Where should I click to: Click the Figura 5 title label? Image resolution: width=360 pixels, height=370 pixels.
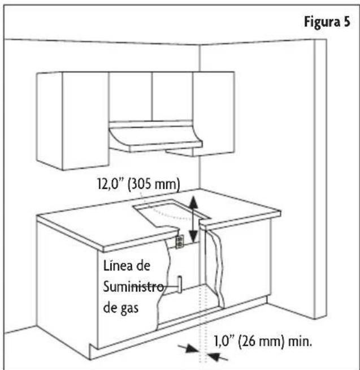click(x=327, y=22)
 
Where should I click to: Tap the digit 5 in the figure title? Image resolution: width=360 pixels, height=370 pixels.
click(x=346, y=22)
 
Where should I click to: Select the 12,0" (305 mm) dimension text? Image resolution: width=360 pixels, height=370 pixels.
click(x=138, y=184)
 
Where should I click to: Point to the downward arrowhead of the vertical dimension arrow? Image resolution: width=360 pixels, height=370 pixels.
click(x=193, y=236)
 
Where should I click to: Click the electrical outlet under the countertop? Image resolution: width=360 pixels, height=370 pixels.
click(x=180, y=242)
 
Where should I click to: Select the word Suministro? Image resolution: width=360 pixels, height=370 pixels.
click(x=133, y=287)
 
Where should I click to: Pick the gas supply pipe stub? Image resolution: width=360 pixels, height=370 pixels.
click(x=180, y=285)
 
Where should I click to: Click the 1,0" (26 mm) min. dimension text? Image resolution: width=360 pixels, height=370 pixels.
click(x=263, y=342)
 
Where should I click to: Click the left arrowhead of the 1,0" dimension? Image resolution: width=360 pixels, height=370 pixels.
click(x=192, y=349)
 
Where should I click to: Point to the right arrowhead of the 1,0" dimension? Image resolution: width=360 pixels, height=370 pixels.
click(x=214, y=356)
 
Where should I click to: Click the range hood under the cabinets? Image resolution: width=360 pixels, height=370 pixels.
click(x=155, y=137)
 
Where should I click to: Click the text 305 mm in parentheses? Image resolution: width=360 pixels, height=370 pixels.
click(x=154, y=184)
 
